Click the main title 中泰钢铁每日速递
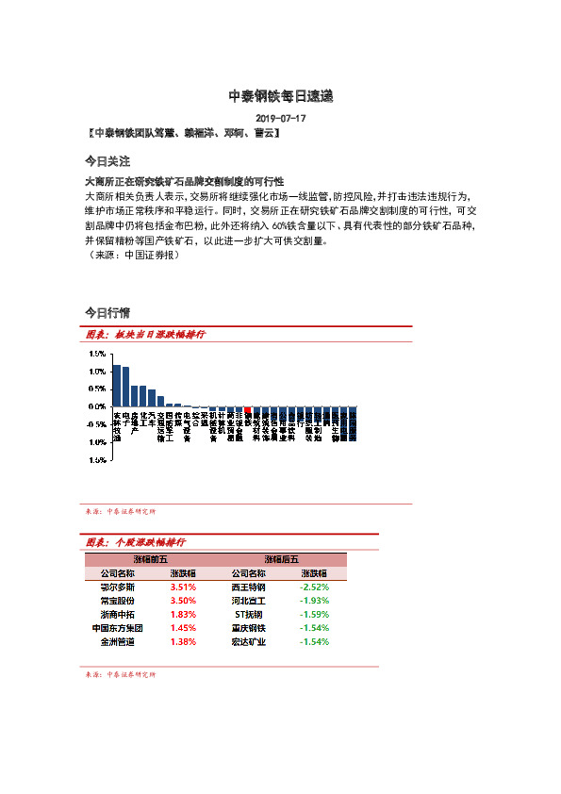point(281,96)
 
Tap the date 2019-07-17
point(281,119)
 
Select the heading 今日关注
point(107,161)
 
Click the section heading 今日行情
point(107,311)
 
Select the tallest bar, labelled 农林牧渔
point(116,386)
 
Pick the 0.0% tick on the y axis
point(97,406)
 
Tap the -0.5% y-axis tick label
point(96,424)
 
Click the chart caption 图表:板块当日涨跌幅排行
point(145,335)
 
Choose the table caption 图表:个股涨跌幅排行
point(135,543)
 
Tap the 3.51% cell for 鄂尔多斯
point(183,587)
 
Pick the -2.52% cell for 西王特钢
point(314,587)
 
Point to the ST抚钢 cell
point(249,614)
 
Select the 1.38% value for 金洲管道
point(183,641)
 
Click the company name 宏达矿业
point(249,641)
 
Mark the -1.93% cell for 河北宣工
point(314,600)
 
